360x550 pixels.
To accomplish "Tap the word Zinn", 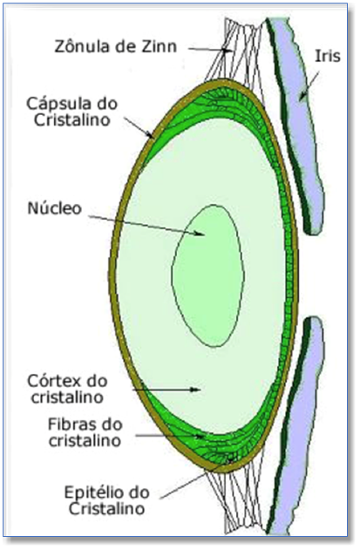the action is [x=160, y=46].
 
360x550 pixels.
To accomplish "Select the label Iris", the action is [x=327, y=56].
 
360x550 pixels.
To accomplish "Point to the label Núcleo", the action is [x=55, y=208].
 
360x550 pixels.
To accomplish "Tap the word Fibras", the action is [x=71, y=424].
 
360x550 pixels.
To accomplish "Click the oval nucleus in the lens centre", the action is [x=207, y=275].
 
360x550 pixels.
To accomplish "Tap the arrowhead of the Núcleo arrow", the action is [x=200, y=234].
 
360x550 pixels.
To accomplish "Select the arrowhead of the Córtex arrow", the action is [x=195, y=390].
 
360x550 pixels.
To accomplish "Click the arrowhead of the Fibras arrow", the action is [x=200, y=437].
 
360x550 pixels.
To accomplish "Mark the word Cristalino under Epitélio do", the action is [x=106, y=509].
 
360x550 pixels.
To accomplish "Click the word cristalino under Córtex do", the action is [x=66, y=397].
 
